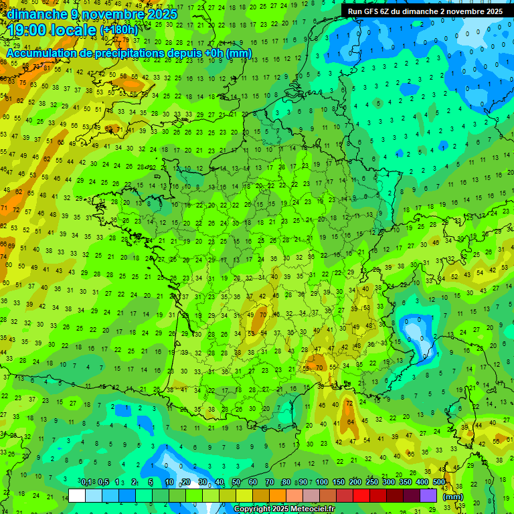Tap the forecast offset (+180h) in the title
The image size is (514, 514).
pyautogui.click(x=119, y=30)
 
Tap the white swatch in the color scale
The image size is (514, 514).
pyautogui.click(x=77, y=496)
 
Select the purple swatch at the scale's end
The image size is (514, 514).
pyautogui.click(x=429, y=496)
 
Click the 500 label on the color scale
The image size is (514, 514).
pyautogui.click(x=439, y=483)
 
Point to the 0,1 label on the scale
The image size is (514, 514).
pyautogui.click(x=86, y=483)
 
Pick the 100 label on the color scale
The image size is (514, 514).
pyautogui.click(x=322, y=483)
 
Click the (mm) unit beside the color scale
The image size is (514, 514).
pyautogui.click(x=453, y=497)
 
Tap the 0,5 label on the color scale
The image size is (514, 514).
pyautogui.click(x=103, y=483)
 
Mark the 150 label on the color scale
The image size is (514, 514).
pyautogui.click(x=339, y=483)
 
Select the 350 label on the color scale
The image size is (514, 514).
pyautogui.click(x=406, y=483)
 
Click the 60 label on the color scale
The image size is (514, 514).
pyautogui.click(x=253, y=483)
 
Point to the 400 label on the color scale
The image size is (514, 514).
pyautogui.click(x=422, y=483)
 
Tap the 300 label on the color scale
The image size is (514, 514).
pyautogui.click(x=389, y=483)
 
